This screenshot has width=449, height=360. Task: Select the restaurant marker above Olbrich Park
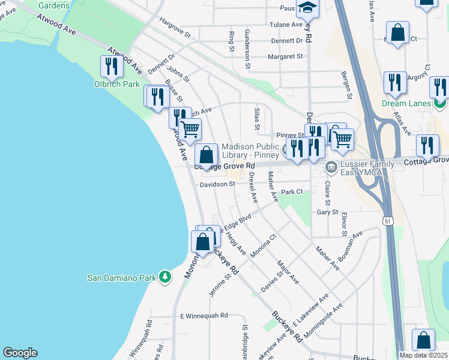[x=111, y=67]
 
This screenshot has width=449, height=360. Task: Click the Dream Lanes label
[x=406, y=103]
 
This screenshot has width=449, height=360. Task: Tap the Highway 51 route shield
[x=388, y=221]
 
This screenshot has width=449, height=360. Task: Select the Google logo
[x=20, y=353]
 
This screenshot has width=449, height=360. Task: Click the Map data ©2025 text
[x=423, y=355]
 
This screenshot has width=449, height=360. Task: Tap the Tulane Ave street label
[x=288, y=25]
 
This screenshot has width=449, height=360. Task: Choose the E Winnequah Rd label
[x=204, y=316]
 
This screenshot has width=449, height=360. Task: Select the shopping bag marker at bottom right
[x=424, y=340]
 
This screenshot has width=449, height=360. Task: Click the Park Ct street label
[x=292, y=192]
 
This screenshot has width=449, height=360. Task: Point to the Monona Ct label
[x=262, y=246]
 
